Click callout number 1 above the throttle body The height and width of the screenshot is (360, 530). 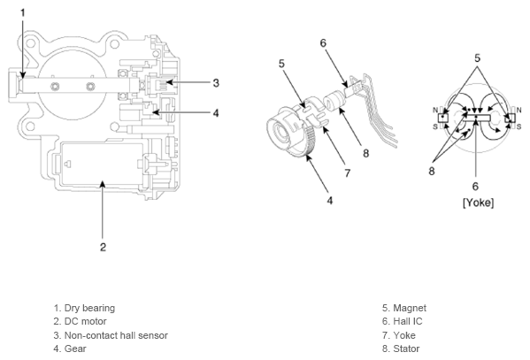click(x=23, y=13)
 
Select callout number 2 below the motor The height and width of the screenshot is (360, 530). click(x=104, y=247)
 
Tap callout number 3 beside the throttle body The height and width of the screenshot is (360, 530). click(x=216, y=83)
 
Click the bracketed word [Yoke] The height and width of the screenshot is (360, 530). click(x=478, y=203)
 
